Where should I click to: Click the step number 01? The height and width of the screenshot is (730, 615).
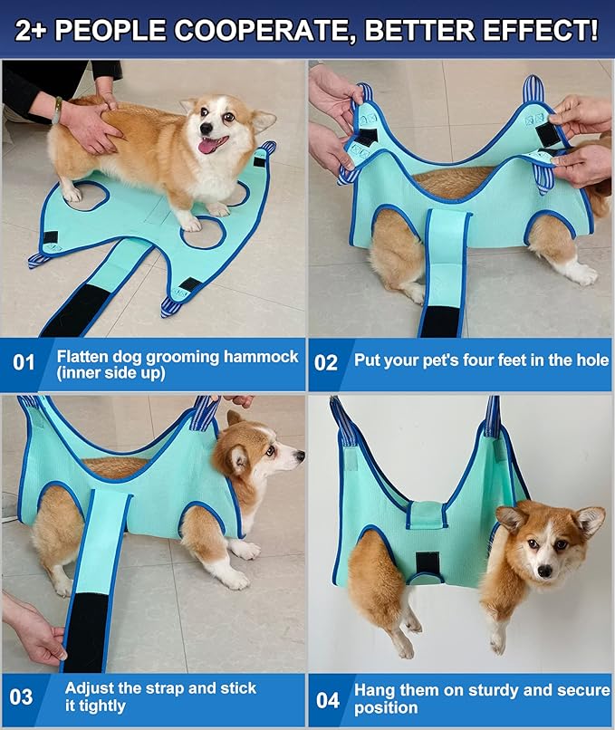pos(24,363)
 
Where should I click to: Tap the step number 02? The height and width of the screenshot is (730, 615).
pos(326,363)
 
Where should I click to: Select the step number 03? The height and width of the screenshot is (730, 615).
pos(22,697)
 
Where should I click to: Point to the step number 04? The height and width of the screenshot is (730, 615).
pos(328,700)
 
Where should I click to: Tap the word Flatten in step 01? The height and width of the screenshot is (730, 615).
pos(84,356)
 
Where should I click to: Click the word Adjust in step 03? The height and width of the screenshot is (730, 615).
pos(88,688)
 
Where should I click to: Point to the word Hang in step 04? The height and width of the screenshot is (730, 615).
pos(373,690)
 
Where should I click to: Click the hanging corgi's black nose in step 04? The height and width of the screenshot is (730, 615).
pos(544,573)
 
